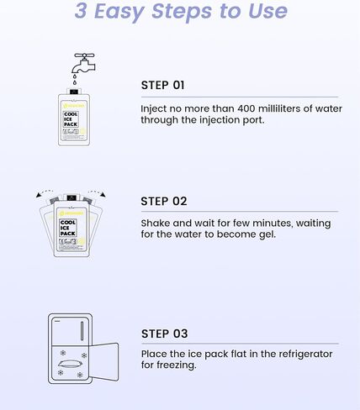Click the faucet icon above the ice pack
[x=84, y=64]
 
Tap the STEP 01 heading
[x=162, y=86]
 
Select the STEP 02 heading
[x=164, y=202]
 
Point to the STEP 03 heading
[x=165, y=334]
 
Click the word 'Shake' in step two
[x=156, y=223]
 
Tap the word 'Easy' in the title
[x=119, y=12]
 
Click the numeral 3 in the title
[x=81, y=11]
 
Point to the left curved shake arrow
[x=44, y=193]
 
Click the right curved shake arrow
[x=98, y=193]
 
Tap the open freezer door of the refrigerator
[x=103, y=362]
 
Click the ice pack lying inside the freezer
[x=71, y=364]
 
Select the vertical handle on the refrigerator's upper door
[x=82, y=331]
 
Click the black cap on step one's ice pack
[x=74, y=92]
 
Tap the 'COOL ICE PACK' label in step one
[x=71, y=119]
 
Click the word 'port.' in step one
[x=255, y=120]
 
